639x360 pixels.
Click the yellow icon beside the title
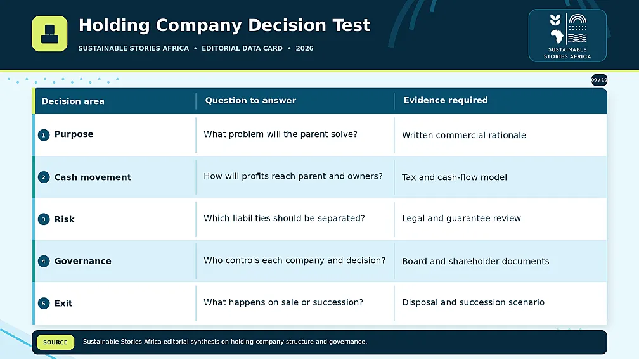[x=49, y=34]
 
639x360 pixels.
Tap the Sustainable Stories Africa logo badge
[x=567, y=35]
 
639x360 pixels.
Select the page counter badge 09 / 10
[x=599, y=80]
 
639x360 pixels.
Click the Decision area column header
[x=73, y=101]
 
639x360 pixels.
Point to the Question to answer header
[x=250, y=101]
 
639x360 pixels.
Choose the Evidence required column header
[x=446, y=100]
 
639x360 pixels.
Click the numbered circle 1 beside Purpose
[x=44, y=135]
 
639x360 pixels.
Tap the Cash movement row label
[x=93, y=177]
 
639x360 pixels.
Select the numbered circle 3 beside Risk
[x=44, y=219]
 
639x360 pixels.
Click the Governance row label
[x=82, y=261]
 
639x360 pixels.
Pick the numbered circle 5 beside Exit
[x=44, y=304]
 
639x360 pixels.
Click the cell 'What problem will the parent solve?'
[x=280, y=134]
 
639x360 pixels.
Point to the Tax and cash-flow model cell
[x=455, y=177]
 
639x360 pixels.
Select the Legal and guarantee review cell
[x=461, y=218]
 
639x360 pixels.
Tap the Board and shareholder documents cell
[x=475, y=262]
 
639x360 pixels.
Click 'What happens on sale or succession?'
[x=283, y=302]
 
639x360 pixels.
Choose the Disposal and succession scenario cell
[x=473, y=302]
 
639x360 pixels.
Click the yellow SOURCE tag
[x=55, y=342]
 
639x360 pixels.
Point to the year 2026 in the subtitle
[x=304, y=48]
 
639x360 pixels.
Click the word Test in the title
[x=351, y=25]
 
